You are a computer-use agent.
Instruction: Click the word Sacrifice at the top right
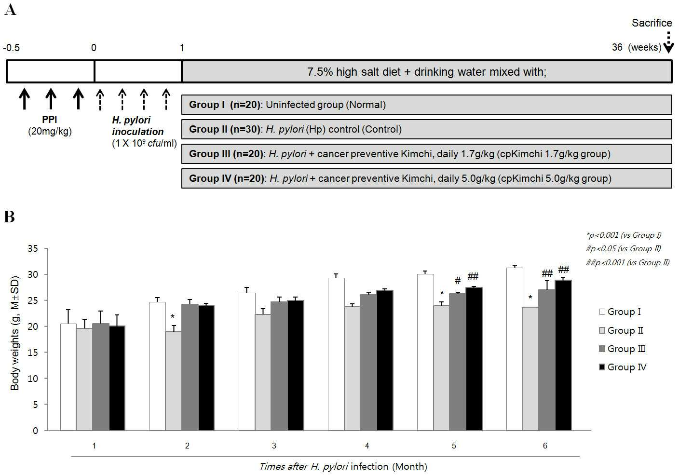652,23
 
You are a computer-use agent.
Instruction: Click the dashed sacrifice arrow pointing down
668,42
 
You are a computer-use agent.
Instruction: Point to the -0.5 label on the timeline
12,48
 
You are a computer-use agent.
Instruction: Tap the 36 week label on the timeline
617,47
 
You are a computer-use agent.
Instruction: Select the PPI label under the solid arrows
49,120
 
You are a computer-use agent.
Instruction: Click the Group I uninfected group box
426,105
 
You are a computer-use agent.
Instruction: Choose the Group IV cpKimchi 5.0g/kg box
426,178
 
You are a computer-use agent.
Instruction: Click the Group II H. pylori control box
426,129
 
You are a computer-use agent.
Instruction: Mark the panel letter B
9,217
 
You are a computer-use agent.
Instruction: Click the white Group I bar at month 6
515,349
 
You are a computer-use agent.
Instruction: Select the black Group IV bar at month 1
117,378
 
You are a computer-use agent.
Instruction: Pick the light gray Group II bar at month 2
174,381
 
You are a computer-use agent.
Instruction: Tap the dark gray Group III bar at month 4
368,362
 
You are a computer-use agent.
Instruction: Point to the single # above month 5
458,280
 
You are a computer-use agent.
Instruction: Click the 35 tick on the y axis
33,248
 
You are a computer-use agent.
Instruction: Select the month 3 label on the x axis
274,446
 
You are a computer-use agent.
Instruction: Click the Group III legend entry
622,349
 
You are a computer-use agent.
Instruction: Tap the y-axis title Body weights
14,333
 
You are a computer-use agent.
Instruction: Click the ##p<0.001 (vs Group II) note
627,262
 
